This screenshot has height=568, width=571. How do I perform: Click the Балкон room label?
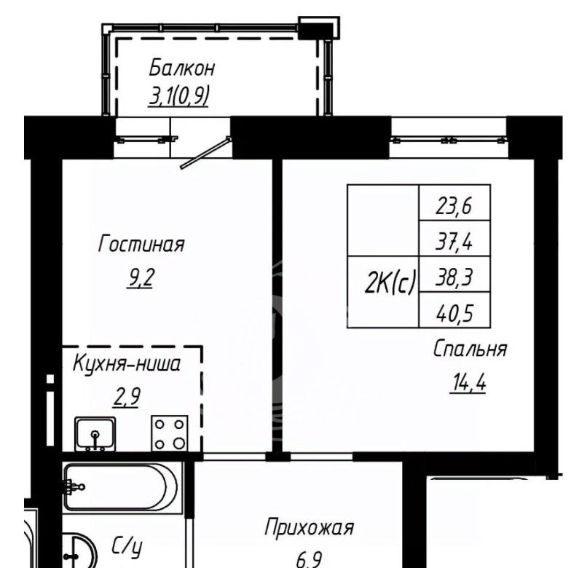pos(182,68)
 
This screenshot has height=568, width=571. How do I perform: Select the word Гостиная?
pos(141,243)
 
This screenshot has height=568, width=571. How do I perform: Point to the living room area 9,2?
pos(140,278)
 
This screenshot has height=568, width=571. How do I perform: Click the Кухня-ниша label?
pos(127,363)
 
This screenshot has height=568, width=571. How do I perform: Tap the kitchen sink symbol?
pos(95,434)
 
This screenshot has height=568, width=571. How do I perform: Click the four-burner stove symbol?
pos(169,433)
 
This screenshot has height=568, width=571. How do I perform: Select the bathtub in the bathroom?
pos(121,486)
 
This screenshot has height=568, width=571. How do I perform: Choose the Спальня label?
pos(470,348)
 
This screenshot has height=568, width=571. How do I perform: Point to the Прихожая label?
pos(309,527)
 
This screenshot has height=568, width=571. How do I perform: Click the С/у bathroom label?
pos(127,545)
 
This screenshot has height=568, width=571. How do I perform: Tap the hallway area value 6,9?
pos(309,560)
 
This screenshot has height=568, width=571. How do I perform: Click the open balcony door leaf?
pos(205,153)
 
